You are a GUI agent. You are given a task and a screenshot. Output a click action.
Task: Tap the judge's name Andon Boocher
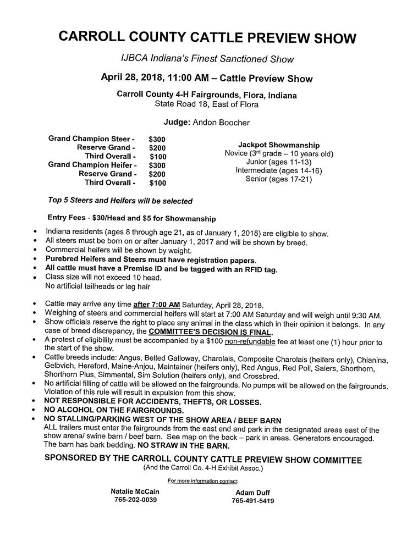click(x=217, y=123)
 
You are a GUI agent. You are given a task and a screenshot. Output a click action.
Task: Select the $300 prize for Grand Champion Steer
click(x=157, y=140)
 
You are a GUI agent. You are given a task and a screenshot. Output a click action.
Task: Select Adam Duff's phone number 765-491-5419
click(x=253, y=501)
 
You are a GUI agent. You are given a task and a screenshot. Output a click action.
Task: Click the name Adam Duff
click(x=252, y=493)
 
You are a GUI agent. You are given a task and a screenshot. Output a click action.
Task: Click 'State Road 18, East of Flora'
click(x=207, y=104)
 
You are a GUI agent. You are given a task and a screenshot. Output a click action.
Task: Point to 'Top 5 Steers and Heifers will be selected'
click(x=120, y=201)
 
